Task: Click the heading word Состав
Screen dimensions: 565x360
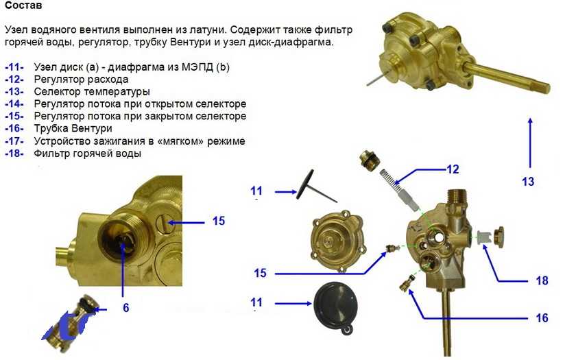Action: coord(23,5)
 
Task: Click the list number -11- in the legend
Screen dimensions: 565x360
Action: coord(14,67)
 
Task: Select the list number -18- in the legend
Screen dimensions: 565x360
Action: coord(14,153)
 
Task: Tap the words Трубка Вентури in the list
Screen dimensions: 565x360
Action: coord(73,129)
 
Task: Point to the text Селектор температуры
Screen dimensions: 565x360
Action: coord(92,91)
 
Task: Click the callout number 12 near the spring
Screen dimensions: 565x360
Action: coord(453,169)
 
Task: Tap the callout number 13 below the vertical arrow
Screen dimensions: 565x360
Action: coord(528,181)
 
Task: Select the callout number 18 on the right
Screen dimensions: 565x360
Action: coord(542,280)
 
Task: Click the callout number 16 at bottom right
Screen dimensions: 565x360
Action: coord(542,318)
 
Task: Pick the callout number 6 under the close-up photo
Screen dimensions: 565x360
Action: coord(125,307)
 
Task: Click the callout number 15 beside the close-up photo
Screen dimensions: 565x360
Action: coord(218,221)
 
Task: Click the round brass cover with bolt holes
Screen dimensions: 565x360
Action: coord(338,243)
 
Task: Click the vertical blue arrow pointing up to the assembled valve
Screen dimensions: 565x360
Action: coord(530,143)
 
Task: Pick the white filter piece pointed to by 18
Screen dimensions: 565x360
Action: coord(483,237)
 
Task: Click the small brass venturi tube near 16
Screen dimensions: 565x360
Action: coord(407,283)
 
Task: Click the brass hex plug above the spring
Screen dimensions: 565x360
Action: coord(369,160)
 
